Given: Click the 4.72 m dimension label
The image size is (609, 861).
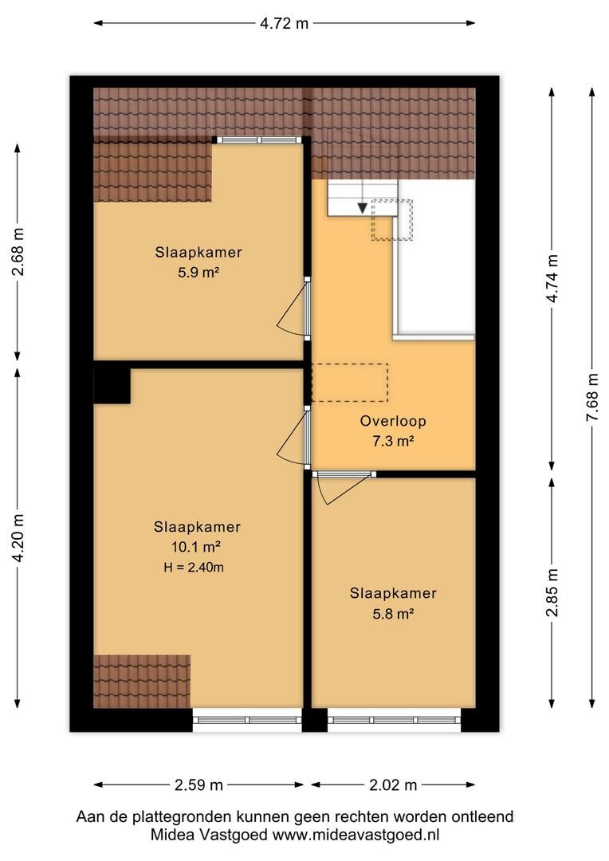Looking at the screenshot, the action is (x=284, y=23).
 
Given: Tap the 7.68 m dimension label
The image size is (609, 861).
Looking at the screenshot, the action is (x=592, y=397).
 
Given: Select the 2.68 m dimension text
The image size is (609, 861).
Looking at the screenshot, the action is (x=18, y=251).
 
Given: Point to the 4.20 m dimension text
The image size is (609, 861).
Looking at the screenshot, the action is (x=18, y=538).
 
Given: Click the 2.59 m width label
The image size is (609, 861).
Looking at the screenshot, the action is (x=198, y=785).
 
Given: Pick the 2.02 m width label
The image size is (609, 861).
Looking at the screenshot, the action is (x=393, y=785).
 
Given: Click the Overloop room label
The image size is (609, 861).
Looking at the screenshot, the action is (x=393, y=421).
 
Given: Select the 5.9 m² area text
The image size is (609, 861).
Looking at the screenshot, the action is (x=198, y=273).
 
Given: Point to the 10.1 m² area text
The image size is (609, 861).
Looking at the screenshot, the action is (x=197, y=547).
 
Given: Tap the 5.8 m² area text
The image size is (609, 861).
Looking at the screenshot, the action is (x=393, y=613).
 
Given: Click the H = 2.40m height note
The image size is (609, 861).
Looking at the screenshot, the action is (x=194, y=568).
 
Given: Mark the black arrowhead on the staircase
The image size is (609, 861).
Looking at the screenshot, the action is (x=363, y=208).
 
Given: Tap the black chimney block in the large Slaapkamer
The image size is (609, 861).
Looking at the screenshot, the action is (x=112, y=386).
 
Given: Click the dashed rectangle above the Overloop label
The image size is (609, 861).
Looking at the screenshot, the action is (x=350, y=382).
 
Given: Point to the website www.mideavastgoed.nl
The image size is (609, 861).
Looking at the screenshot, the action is (x=356, y=835).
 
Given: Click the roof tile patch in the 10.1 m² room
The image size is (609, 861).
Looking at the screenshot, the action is (x=142, y=682).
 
